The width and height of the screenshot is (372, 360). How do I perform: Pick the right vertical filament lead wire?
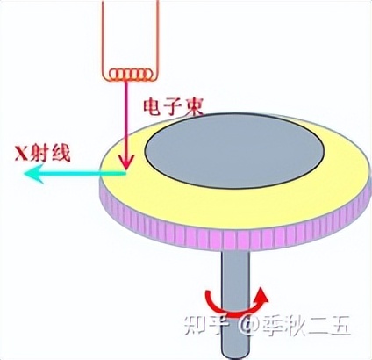tap(158, 35)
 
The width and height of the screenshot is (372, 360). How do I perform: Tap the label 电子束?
tap(170, 107)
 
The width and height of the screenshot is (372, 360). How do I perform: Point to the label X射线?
tap(43, 152)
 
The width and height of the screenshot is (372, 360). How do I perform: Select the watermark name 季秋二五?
tap(304, 328)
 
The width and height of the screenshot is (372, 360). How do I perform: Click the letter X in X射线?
tap(20, 152)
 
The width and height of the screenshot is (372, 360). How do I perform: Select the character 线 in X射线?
tap(63, 152)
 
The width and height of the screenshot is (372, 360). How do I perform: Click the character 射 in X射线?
tap(41, 152)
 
